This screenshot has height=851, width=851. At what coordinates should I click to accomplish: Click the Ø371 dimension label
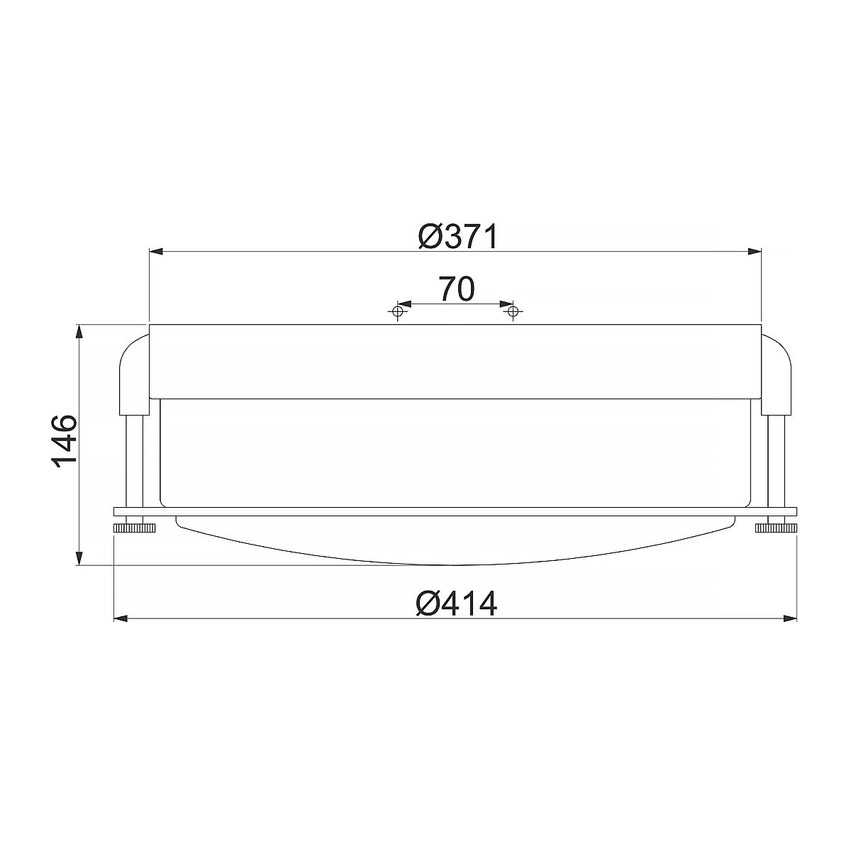457,237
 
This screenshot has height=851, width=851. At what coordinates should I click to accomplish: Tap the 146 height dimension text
65,440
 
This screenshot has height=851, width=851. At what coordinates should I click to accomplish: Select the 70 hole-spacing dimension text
456,289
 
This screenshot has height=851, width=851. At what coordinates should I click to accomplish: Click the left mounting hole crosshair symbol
399,311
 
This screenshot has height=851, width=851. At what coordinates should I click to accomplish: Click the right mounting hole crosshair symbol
512,311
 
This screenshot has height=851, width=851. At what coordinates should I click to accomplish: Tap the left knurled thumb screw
131,527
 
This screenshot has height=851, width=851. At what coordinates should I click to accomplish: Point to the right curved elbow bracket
777,372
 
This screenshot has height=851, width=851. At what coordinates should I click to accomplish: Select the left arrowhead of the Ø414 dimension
121,618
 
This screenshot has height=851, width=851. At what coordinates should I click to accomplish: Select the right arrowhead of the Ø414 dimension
789,618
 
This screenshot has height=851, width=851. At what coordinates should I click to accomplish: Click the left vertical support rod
134,461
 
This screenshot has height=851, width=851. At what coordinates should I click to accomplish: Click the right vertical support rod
775,461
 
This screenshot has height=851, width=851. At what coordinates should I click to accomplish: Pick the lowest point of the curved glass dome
454,564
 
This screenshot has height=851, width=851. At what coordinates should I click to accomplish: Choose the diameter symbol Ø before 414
430,604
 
